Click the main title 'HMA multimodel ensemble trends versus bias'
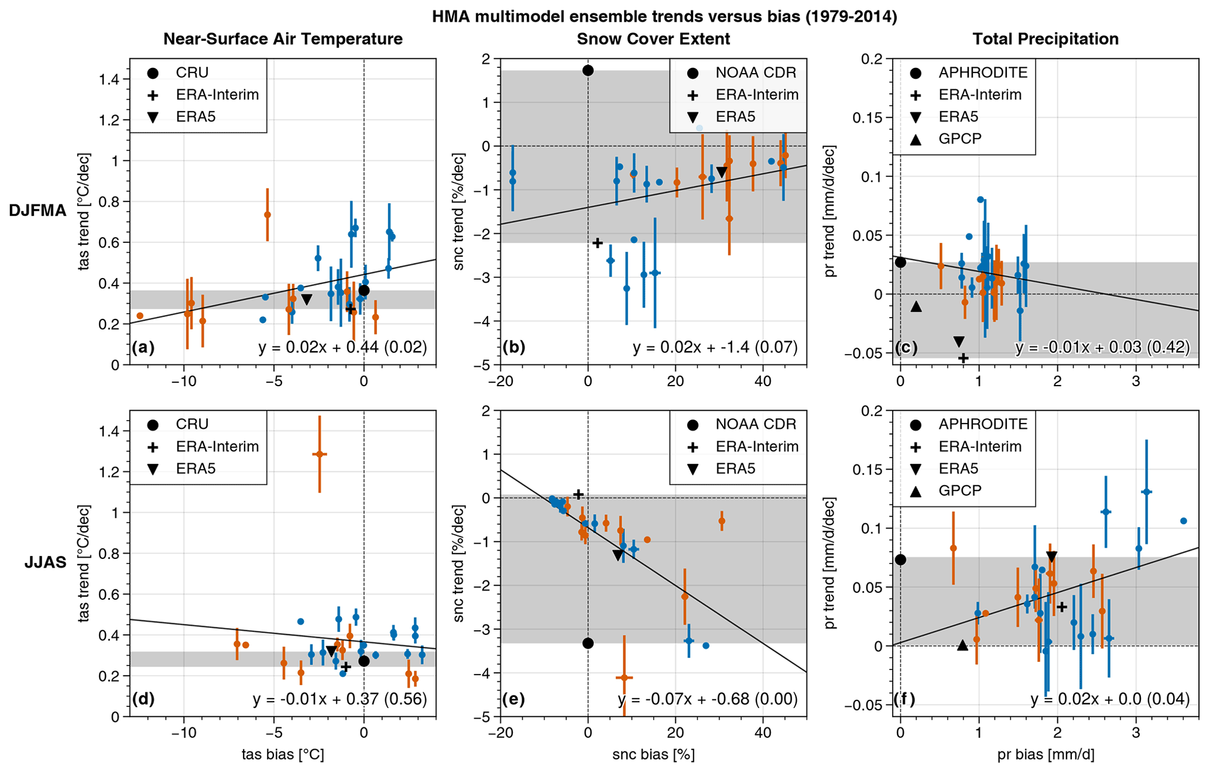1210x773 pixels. pos(664,16)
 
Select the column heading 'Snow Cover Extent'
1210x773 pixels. pos(653,39)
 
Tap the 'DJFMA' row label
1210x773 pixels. pos(37,211)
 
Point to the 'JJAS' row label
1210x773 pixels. pos(45,563)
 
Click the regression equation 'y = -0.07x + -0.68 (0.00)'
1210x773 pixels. pos(708,699)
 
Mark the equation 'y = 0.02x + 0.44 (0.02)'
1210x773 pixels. pos(342,347)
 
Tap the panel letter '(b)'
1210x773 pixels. pos(513,347)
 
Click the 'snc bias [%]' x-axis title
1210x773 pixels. pos(653,754)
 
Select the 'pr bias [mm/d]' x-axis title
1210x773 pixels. pos(1046,754)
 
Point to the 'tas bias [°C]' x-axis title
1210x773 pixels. pos(283,754)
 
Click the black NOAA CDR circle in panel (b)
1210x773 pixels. pos(588,70)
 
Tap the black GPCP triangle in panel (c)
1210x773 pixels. pos(916,306)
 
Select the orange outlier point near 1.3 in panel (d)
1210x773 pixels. pos(320,454)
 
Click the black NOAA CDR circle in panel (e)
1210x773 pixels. pos(588,643)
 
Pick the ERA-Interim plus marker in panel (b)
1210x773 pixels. pos(597,242)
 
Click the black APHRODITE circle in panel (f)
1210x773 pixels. pos(900,560)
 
